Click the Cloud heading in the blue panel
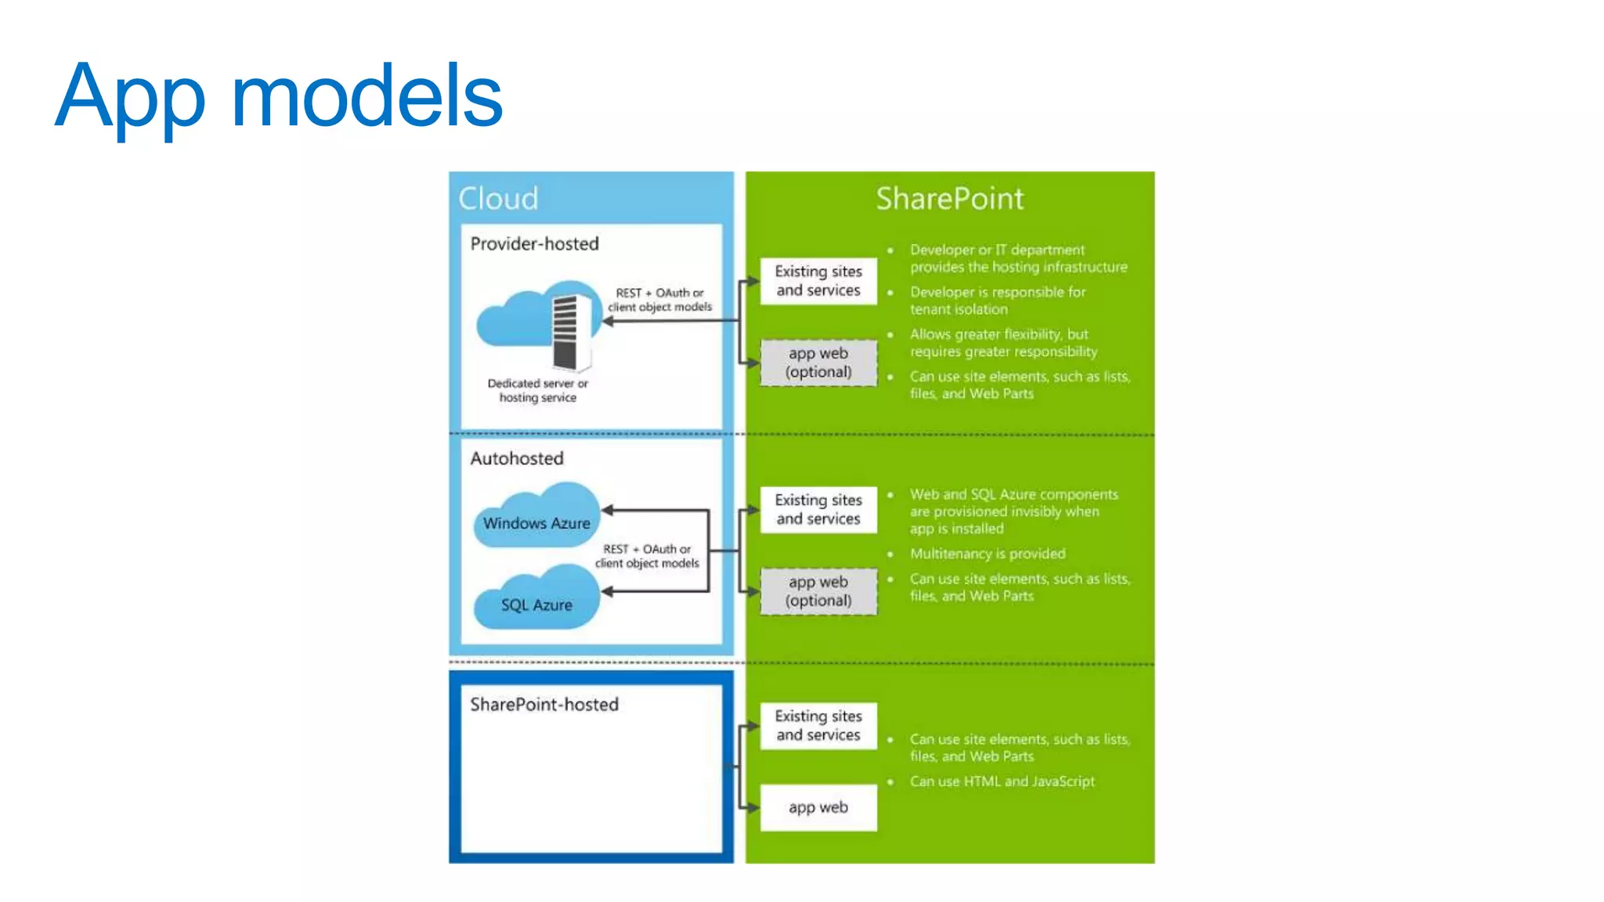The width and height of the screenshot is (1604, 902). [498, 199]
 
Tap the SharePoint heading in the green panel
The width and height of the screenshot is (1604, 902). [949, 199]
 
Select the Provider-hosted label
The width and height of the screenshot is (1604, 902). [534, 244]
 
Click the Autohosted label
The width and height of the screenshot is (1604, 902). [516, 459]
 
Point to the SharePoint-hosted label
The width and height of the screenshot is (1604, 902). [544, 705]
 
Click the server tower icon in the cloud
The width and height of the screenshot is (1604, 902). [570, 332]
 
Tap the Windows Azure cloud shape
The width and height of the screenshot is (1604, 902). [536, 518]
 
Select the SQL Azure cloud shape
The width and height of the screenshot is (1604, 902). [536, 601]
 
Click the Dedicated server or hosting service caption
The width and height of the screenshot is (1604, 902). [537, 391]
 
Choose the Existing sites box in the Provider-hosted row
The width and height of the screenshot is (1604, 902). [818, 281]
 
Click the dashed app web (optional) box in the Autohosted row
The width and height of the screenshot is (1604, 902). [818, 592]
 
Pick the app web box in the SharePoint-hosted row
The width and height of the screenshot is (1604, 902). [818, 807]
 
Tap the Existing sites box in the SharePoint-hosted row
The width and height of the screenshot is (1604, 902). [818, 726]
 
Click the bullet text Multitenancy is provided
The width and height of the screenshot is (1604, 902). [987, 554]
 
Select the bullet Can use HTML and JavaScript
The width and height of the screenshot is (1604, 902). [1002, 781]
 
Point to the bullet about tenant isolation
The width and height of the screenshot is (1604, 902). [997, 301]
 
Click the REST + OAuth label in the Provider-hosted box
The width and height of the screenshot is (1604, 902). [659, 300]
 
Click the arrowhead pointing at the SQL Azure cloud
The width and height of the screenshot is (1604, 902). [608, 592]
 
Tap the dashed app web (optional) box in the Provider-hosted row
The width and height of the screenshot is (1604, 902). [818, 363]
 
